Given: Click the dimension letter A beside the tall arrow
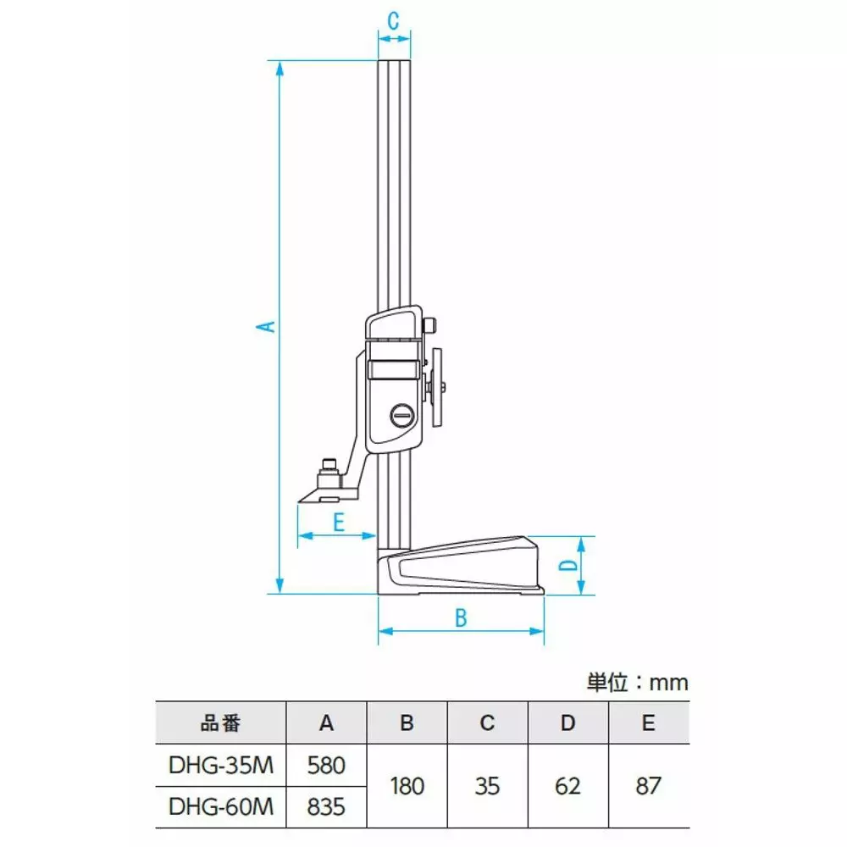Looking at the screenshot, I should pyautogui.click(x=267, y=326).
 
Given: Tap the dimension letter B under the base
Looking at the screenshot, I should pyautogui.click(x=461, y=617).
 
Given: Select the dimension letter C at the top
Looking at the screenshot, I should pyautogui.click(x=394, y=22).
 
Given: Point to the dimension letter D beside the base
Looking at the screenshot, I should pyautogui.click(x=570, y=565).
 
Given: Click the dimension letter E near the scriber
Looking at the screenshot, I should pyautogui.click(x=337, y=522).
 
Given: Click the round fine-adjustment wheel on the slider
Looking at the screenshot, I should pyautogui.click(x=439, y=387).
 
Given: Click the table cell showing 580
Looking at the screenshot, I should pyautogui.click(x=327, y=765).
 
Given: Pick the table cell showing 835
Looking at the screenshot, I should pyautogui.click(x=327, y=806).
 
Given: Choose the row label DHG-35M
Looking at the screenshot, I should pyautogui.click(x=221, y=765).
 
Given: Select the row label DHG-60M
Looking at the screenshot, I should pyautogui.click(x=221, y=806).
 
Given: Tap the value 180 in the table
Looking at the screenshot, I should pyautogui.click(x=407, y=785).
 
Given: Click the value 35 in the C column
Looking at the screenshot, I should pyautogui.click(x=487, y=785).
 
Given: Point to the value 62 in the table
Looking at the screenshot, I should pyautogui.click(x=567, y=785).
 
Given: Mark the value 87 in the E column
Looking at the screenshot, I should pyautogui.click(x=648, y=785).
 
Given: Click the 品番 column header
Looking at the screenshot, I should pyautogui.click(x=221, y=723).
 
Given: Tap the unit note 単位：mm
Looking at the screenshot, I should pyautogui.click(x=637, y=683).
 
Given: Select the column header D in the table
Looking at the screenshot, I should pyautogui.click(x=567, y=723).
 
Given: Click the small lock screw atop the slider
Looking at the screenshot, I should pyautogui.click(x=431, y=325).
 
